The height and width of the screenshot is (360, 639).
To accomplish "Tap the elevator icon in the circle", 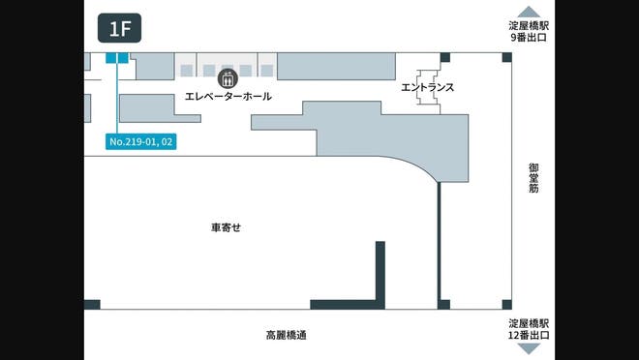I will coord(228,77).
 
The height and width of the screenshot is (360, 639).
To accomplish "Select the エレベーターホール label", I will coord(228,97).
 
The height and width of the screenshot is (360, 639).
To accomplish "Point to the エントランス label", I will coord(427,87).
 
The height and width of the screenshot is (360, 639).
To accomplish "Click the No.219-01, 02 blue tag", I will coord(142,142).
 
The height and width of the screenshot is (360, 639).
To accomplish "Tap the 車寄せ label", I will coord(226,227).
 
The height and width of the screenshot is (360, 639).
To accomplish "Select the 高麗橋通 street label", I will coord(287,336).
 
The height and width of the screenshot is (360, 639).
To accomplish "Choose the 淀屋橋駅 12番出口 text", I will coord(529,329).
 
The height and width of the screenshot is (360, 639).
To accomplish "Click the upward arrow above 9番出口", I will coord(529,13).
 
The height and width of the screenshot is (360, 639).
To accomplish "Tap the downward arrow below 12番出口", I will coord(529,349).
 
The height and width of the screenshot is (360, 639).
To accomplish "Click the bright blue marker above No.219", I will coord(117,58).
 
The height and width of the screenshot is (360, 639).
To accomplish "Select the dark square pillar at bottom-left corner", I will coord(92,305).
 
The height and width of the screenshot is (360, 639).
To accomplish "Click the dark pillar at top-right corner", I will coord(506,58).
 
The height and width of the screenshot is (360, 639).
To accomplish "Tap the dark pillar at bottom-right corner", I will coord(506,305).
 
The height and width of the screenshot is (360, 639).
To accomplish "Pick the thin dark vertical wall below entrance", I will coord(440,242).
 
